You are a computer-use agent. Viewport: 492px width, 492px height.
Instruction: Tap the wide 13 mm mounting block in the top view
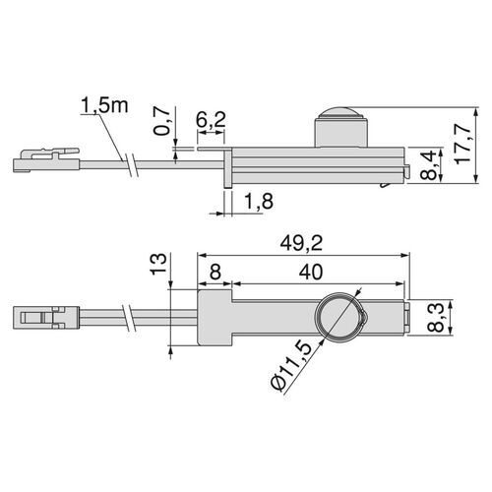[x=215, y=318]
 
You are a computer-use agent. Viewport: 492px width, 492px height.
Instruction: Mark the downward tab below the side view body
[x=229, y=174]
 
